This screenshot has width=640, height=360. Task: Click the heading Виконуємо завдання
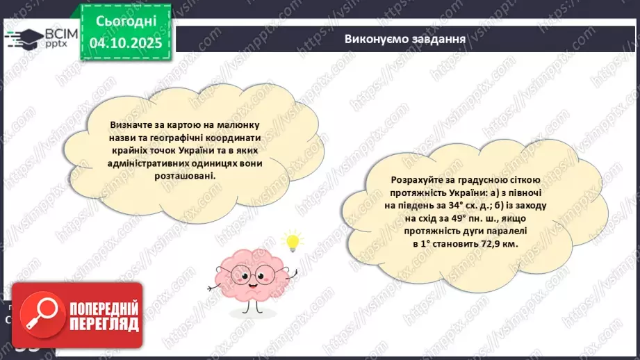tap(404, 38)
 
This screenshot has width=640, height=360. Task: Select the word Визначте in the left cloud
tap(129, 124)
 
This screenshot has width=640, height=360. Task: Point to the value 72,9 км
tap(500, 245)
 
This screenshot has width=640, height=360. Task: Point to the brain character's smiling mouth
tap(251, 278)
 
